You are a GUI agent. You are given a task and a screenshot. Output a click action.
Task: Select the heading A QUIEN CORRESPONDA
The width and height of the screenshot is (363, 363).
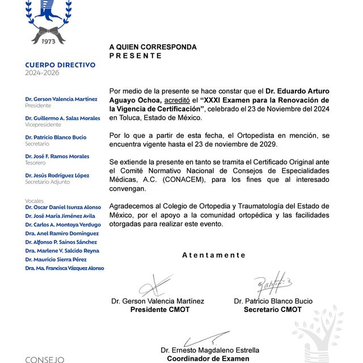153,47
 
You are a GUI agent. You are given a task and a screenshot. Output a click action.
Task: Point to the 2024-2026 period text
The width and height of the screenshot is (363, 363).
42,73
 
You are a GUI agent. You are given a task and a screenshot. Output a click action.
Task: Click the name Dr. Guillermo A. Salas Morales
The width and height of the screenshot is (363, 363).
62,118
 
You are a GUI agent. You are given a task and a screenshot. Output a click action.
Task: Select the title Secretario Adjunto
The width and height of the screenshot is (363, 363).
47,181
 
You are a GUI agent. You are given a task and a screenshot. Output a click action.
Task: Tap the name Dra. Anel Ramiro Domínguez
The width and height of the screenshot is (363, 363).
62,233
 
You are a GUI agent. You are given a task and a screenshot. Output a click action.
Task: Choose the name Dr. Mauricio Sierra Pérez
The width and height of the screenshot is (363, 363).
59,259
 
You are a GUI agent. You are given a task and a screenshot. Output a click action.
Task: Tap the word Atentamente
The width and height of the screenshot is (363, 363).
214,255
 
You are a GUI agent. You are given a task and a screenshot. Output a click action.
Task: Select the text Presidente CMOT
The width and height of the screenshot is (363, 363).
160,310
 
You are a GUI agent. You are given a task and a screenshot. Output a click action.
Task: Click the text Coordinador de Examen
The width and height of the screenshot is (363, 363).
208,358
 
